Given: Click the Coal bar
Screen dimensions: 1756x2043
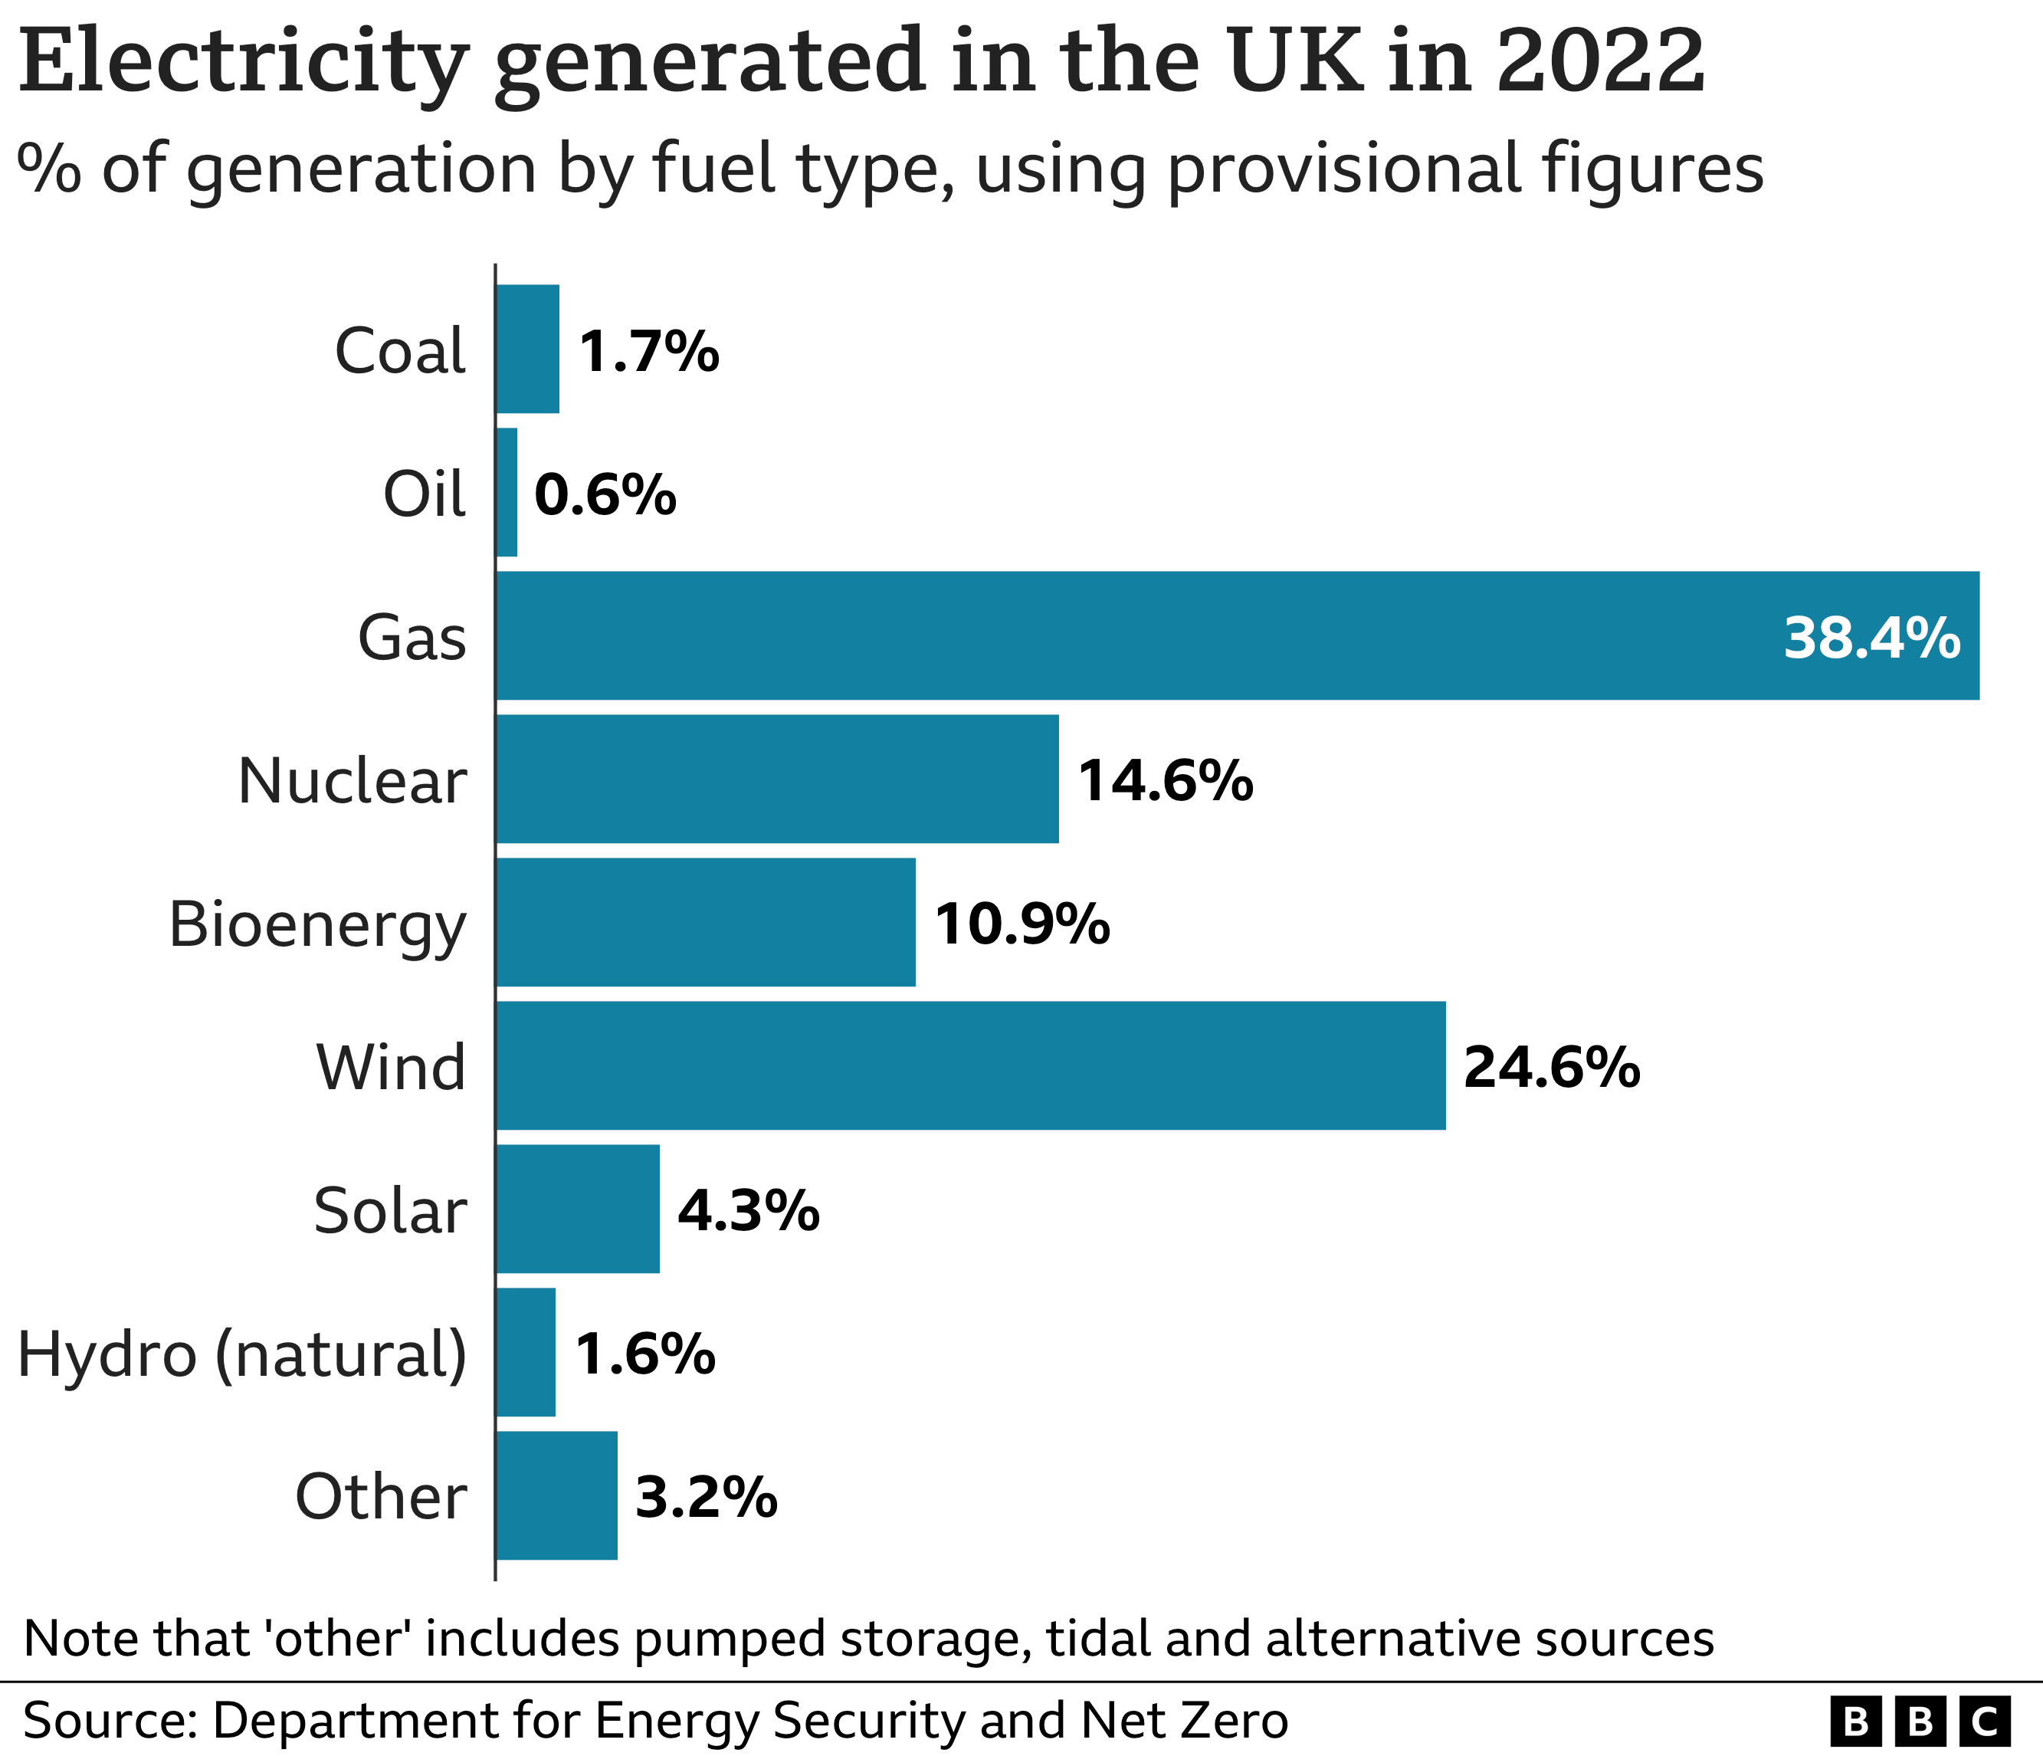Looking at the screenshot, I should click(527, 349).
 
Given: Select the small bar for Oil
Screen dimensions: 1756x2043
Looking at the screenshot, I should click(506, 492).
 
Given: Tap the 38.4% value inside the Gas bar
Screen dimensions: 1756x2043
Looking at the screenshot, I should click(1871, 638).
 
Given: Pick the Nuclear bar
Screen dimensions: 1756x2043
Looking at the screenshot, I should click(777, 779).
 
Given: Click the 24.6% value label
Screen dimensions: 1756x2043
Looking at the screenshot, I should click(1551, 1067).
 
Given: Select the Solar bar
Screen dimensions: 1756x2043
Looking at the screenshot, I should click(577, 1209).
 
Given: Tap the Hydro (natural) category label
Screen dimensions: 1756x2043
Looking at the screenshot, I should click(241, 1354).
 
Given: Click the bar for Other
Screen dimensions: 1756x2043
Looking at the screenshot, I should click(556, 1495).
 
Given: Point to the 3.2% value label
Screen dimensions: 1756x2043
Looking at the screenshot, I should click(706, 1497).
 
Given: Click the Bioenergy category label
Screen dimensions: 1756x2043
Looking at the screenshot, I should click(316, 925).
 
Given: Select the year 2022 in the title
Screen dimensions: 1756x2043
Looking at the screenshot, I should click(1599, 61).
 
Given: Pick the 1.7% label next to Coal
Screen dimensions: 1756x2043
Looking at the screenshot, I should click(649, 351).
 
